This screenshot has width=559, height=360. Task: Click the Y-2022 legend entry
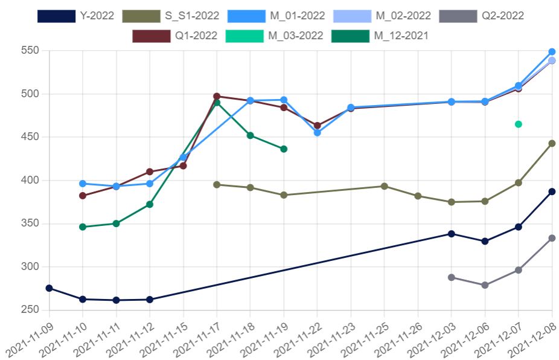click(75, 16)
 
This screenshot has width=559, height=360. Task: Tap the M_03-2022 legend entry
click(275, 36)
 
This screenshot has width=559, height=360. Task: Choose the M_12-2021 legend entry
click(380, 36)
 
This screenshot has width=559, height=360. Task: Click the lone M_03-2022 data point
click(518, 124)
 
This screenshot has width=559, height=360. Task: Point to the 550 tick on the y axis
click(31, 51)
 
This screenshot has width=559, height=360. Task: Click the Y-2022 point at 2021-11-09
click(49, 288)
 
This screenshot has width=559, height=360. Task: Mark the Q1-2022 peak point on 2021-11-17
click(217, 96)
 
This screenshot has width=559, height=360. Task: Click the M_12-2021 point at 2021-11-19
click(284, 149)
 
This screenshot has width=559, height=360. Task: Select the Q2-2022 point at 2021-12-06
click(485, 285)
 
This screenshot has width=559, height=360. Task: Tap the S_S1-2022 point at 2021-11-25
click(384, 186)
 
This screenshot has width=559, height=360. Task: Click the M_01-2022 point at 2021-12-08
click(552, 52)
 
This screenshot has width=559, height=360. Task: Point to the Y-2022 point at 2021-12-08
click(552, 191)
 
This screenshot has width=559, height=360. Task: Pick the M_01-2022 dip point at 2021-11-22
click(317, 133)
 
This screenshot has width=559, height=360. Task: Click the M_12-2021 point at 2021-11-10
click(83, 227)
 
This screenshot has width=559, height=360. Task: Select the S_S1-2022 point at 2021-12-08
click(552, 143)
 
